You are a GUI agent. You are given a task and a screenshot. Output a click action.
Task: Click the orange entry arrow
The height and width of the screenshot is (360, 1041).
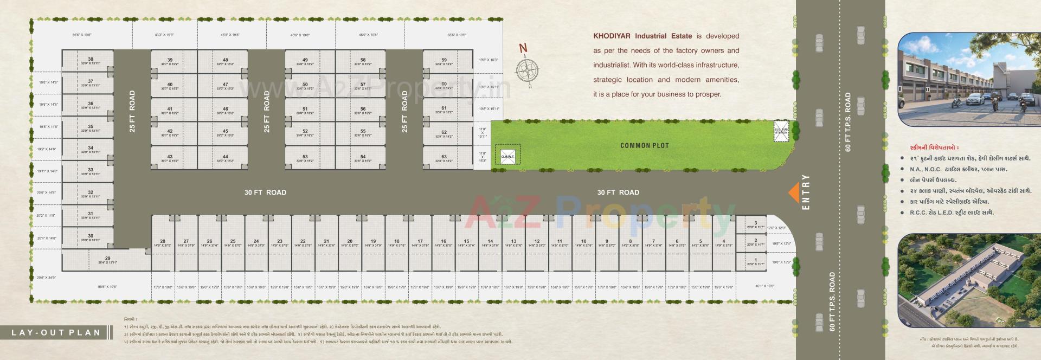click(x=793, y=192)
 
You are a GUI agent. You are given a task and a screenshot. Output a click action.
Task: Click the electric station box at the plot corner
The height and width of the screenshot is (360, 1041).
click(x=781, y=131)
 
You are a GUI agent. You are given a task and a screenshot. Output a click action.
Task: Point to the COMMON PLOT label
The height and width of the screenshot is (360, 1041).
click(x=644, y=145)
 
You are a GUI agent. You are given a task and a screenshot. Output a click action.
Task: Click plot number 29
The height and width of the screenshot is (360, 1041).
click(x=107, y=260)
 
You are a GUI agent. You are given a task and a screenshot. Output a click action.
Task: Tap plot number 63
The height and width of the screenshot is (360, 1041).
click(x=444, y=158)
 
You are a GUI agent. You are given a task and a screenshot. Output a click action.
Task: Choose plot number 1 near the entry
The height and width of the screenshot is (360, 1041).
click(x=755, y=261)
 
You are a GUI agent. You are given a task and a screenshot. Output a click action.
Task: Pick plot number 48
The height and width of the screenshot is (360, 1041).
click(x=226, y=61)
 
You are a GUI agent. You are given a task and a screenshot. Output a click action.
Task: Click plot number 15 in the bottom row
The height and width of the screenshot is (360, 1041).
click(x=466, y=242)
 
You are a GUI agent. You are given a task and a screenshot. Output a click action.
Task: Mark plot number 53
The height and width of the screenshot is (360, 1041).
click(x=305, y=158)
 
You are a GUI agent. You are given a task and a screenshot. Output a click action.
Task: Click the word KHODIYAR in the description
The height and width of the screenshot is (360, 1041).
click(x=613, y=36)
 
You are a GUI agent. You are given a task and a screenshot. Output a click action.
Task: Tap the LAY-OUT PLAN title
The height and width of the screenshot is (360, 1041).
click(x=56, y=332)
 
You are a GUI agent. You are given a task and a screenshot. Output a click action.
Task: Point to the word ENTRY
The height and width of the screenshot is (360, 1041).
click(x=806, y=192)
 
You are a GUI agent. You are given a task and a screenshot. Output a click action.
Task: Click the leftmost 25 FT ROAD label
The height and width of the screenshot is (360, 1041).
click(x=132, y=111)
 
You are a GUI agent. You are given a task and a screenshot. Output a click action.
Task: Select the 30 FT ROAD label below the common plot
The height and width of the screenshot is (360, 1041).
click(x=618, y=192)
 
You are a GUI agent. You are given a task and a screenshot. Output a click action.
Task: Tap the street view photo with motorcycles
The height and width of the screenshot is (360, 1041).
click(x=961, y=80)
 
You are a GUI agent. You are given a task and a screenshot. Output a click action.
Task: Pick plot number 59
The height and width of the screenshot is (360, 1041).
click(x=444, y=61)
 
